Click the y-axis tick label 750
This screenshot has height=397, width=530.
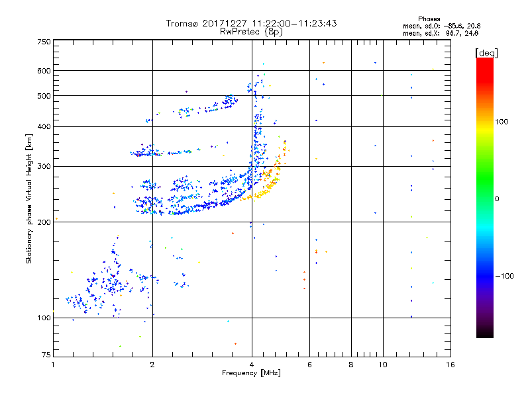(x=44, y=42)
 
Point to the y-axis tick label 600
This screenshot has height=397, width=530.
(x=44, y=71)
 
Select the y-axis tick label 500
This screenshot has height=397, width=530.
(x=44, y=96)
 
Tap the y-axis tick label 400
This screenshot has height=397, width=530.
(x=44, y=126)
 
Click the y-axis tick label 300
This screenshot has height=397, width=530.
(x=44, y=166)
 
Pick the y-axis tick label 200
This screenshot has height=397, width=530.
(x=44, y=222)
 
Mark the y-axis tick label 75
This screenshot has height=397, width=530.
(x=46, y=356)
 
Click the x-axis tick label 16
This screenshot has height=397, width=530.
(x=450, y=365)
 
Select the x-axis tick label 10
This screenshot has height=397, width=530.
(x=382, y=365)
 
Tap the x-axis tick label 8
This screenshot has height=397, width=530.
(x=351, y=365)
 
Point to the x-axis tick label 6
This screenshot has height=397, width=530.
(x=309, y=365)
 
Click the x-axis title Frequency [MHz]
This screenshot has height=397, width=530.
(x=251, y=373)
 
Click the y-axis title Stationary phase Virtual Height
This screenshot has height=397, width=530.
(x=29, y=198)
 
